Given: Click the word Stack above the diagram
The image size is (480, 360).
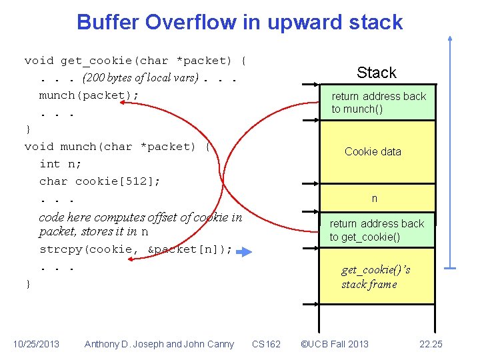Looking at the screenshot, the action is click(x=376, y=73).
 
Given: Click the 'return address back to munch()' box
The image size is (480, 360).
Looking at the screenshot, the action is click(x=378, y=103).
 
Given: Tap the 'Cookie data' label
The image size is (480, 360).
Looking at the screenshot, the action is click(x=373, y=151).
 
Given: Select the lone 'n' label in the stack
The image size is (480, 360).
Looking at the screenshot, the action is click(x=375, y=199).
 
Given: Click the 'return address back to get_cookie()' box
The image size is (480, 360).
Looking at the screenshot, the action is click(x=377, y=230).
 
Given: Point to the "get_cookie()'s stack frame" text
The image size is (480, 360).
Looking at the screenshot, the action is click(x=375, y=277).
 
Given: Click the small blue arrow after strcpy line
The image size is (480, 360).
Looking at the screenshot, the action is click(x=245, y=252).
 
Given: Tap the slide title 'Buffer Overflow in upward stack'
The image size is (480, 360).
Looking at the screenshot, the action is click(x=239, y=22).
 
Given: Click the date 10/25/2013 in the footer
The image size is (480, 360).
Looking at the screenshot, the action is click(x=36, y=344).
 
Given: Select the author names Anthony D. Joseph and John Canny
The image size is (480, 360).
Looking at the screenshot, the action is click(x=159, y=344).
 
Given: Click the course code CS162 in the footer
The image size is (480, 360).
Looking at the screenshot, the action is click(x=267, y=344).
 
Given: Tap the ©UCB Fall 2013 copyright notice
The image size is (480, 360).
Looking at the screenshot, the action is click(x=334, y=344).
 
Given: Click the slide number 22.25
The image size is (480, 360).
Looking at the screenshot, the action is click(x=431, y=344).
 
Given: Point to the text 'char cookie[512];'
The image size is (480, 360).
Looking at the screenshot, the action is click(x=99, y=181).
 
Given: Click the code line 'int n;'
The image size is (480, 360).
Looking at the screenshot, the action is click(x=59, y=164).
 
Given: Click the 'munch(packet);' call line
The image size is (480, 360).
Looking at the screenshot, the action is click(x=89, y=95).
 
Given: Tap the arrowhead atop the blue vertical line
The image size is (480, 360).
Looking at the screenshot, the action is click(x=451, y=37).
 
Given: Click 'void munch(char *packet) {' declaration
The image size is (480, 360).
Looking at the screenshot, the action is click(x=117, y=147).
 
